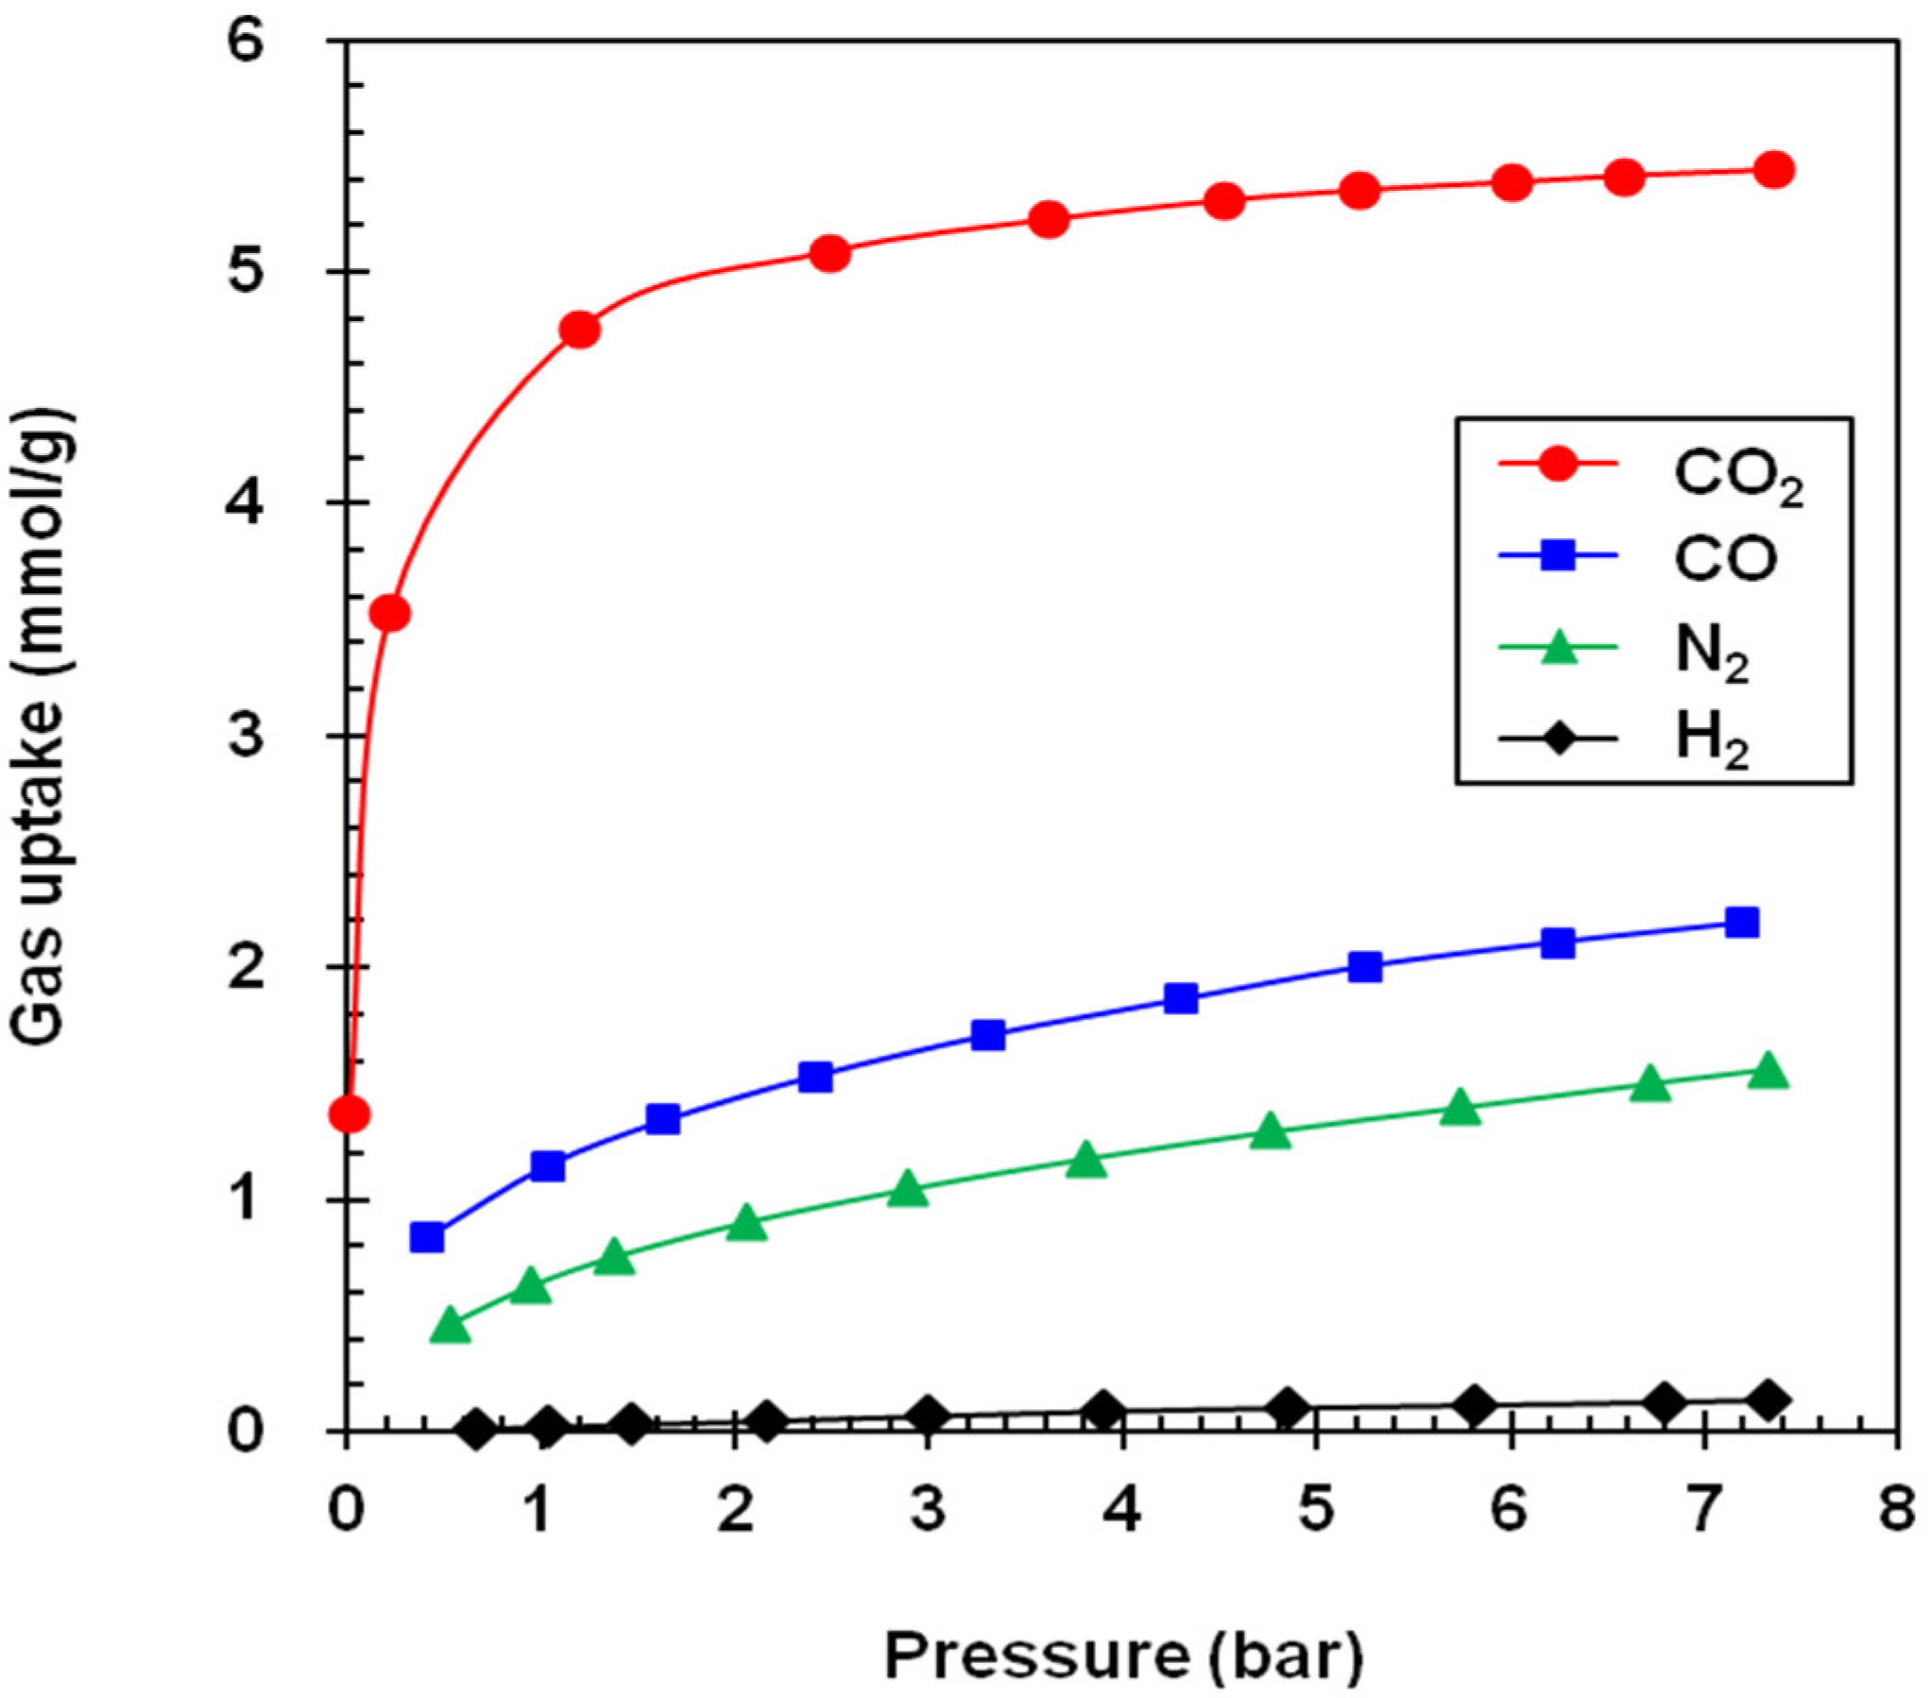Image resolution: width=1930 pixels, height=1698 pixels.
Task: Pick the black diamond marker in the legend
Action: click(1557, 739)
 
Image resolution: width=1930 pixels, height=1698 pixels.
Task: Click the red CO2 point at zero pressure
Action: click(349, 1114)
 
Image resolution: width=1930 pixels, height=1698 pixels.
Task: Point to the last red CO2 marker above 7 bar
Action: click(1773, 170)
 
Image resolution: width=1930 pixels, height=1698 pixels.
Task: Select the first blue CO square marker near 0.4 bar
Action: click(427, 1237)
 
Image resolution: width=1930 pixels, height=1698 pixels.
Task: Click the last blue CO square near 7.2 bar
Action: click(1741, 923)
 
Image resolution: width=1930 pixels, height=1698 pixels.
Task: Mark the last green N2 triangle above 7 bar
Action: click(1767, 1073)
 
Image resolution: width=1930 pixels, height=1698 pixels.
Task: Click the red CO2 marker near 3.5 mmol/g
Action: click(389, 614)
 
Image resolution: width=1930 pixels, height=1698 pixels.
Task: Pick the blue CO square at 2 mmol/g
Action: click(1365, 967)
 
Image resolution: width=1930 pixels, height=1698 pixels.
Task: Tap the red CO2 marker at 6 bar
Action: click(1512, 182)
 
